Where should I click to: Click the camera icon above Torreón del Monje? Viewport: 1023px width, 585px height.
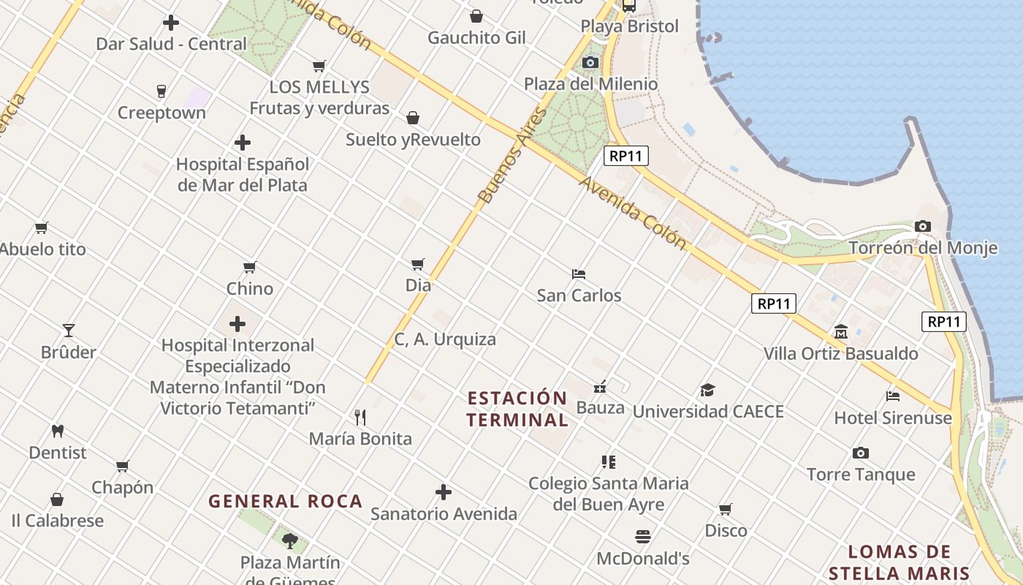coord(923,227)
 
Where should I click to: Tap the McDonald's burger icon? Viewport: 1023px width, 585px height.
coord(642,537)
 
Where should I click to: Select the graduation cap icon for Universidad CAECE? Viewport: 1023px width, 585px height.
coord(707,390)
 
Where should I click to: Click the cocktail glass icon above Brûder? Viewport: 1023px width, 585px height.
coord(69,331)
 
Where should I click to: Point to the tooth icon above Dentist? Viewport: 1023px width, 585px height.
coord(58,431)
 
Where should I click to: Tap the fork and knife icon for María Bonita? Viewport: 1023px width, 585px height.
coord(360,418)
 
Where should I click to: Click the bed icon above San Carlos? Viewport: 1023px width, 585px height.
coord(579,274)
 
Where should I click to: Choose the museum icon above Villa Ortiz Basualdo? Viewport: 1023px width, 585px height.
coord(840,332)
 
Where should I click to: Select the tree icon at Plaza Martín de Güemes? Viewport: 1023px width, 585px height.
coord(290,541)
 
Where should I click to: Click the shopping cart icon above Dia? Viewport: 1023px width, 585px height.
coord(417,264)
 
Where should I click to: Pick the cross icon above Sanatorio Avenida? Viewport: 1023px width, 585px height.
coord(444,492)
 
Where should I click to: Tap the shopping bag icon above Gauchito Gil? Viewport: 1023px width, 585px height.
coord(476,16)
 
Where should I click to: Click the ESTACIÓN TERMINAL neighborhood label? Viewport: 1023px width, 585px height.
coord(517,409)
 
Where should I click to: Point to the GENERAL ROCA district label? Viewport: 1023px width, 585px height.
coord(286,501)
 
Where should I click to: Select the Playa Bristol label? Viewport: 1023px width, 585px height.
coord(629,26)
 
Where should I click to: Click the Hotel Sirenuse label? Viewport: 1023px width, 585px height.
coord(893,418)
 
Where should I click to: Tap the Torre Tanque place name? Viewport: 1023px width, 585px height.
coord(861,475)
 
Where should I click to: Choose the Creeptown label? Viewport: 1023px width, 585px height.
coord(161,113)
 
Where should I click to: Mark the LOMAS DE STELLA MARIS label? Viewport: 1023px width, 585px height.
coord(900,562)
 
